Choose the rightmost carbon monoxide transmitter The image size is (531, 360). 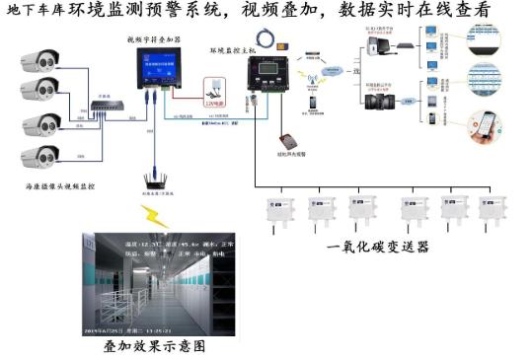(x=491, y=209)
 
